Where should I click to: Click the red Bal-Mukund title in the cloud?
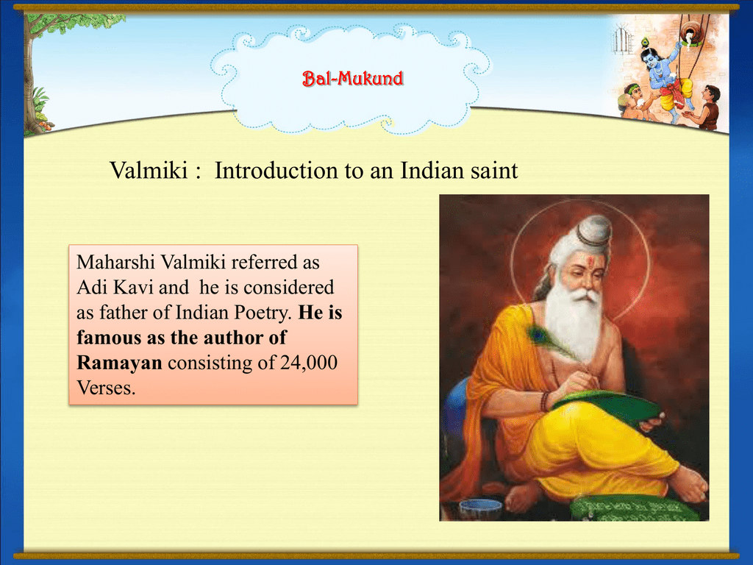pyautogui.click(x=352, y=78)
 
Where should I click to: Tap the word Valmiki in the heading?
pyautogui.click(x=149, y=171)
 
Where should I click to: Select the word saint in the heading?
pyautogui.click(x=494, y=171)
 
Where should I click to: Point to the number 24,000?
pyautogui.click(x=309, y=363)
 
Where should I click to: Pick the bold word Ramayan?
pyautogui.click(x=120, y=363)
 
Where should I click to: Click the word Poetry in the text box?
pyautogui.click(x=263, y=313)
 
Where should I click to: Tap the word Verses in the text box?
pyautogui.click(x=106, y=388)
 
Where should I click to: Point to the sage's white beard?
pyautogui.click(x=574, y=322)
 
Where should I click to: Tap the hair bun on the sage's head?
pyautogui.click(x=594, y=230)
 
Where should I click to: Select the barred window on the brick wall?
pyautogui.click(x=621, y=40)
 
